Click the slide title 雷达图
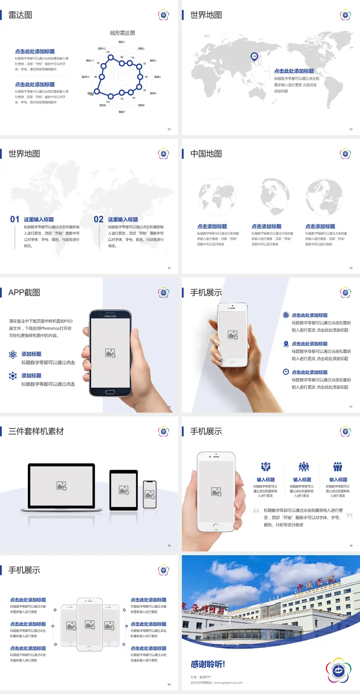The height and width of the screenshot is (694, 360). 20,15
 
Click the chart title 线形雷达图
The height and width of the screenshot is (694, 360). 122,33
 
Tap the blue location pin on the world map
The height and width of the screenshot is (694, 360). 254,57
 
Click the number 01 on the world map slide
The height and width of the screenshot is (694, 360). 15,219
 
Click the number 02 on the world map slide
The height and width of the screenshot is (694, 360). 99,219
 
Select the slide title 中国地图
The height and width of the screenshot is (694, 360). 206,154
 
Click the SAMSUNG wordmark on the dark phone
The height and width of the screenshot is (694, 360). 110,316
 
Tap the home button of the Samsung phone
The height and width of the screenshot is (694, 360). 110,392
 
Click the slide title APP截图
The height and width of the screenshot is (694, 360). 24,293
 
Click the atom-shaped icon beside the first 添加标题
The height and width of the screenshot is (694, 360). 13,355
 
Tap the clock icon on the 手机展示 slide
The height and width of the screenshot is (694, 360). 286,372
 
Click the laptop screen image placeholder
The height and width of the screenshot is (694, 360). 61,486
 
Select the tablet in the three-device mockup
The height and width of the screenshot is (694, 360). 124,490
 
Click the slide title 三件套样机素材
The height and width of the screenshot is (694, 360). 36,431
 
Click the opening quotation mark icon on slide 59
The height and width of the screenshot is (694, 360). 256,511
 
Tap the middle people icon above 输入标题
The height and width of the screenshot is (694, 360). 303,467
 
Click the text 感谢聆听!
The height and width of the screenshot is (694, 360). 208,664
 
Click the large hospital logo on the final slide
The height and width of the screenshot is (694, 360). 338,670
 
